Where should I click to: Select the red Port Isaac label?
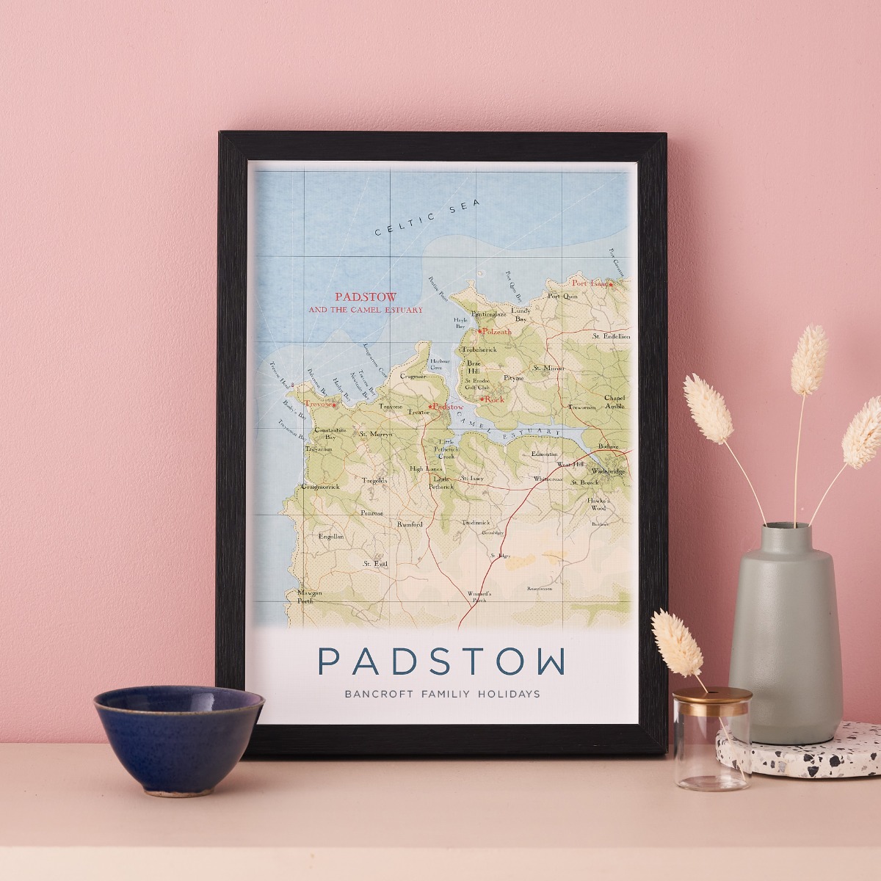click(x=590, y=283)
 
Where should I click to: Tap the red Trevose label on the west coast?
click(x=319, y=404)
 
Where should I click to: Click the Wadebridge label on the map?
click(x=607, y=471)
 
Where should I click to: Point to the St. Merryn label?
click(x=376, y=435)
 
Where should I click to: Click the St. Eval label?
click(x=374, y=564)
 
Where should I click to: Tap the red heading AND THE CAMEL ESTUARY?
click(x=366, y=311)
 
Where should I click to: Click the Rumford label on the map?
click(x=410, y=524)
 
